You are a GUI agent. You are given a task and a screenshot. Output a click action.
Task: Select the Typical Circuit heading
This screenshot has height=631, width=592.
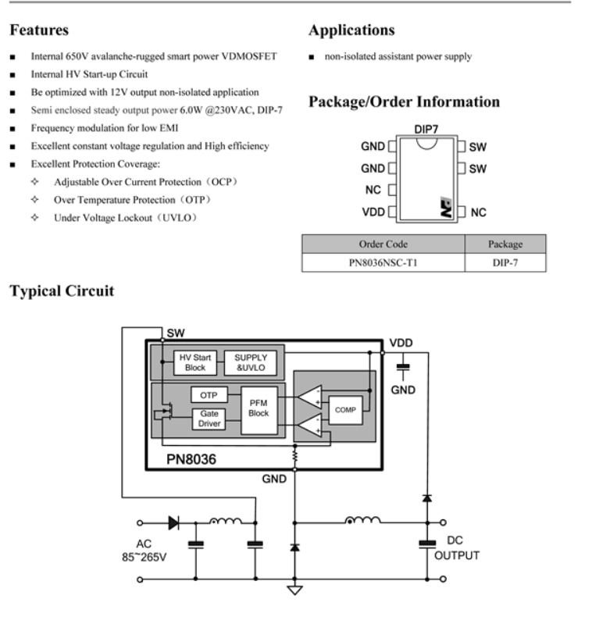[x=62, y=291]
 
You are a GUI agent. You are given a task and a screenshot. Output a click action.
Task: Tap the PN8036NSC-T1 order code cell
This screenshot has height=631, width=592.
[x=383, y=263]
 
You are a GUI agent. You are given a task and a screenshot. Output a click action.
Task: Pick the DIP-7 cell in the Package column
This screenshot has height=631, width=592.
[x=505, y=263]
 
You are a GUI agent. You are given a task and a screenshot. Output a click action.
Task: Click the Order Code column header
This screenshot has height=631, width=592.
[x=383, y=244]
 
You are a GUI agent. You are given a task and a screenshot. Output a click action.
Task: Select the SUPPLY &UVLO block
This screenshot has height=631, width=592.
[x=250, y=362]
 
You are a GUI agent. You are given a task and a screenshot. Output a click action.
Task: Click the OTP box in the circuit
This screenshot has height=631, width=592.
[x=209, y=395]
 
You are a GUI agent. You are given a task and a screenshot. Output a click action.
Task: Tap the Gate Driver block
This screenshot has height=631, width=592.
[x=209, y=419]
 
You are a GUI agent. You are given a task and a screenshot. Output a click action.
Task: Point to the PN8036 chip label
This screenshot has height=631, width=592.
[x=189, y=459]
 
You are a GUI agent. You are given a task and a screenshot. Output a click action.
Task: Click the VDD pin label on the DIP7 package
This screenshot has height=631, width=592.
[x=373, y=212]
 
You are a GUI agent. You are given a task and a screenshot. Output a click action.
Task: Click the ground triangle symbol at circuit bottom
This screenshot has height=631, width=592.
[x=294, y=589]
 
